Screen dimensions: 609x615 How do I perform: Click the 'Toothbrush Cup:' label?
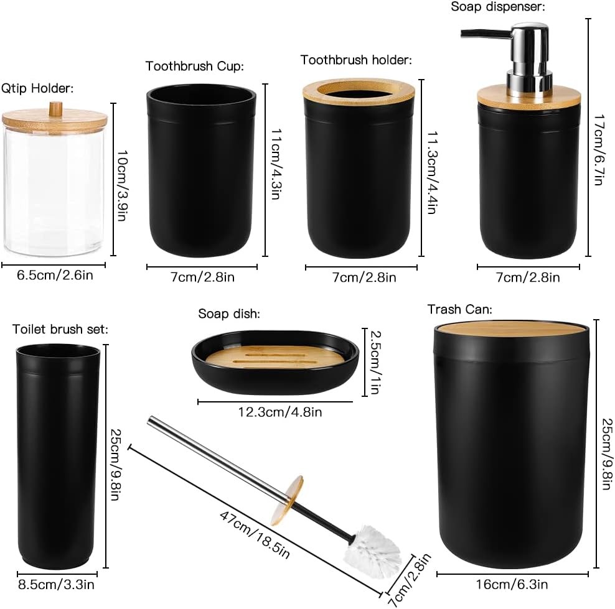[194, 67]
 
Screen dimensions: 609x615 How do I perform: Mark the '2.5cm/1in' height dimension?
[374, 363]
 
